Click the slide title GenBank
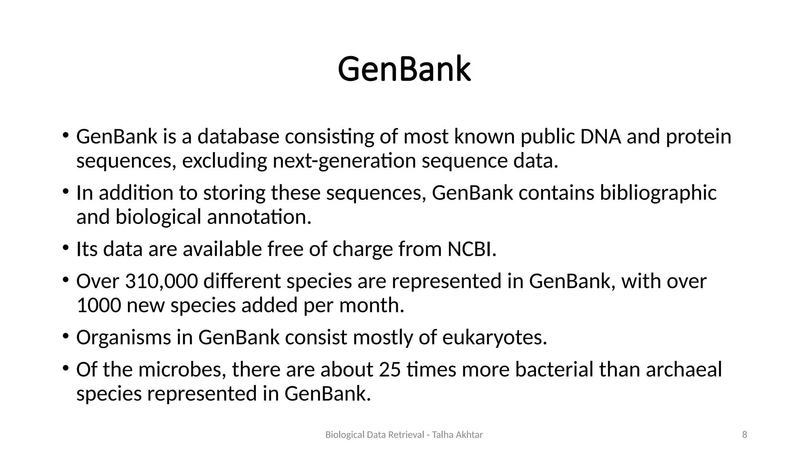(x=404, y=70)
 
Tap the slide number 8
(x=745, y=435)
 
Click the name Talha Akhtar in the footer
(x=457, y=435)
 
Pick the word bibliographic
(x=658, y=193)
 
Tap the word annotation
(x=259, y=217)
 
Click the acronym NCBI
(x=471, y=249)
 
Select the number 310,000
(x=161, y=281)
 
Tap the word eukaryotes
(x=495, y=338)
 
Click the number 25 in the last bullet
(x=390, y=370)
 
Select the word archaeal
(x=684, y=370)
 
